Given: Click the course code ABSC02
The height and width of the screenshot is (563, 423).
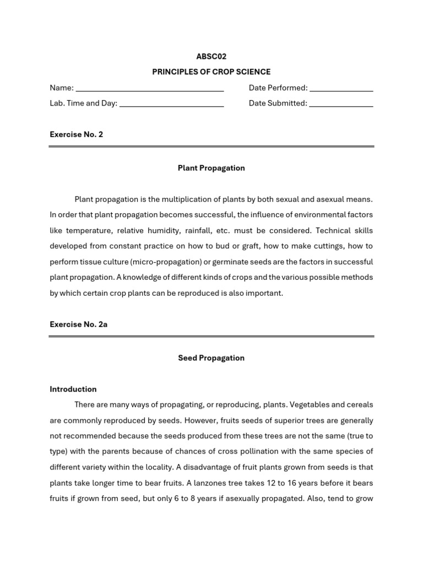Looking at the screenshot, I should click(211, 57).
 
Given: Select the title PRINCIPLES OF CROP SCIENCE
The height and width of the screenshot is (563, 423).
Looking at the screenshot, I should click(211, 72).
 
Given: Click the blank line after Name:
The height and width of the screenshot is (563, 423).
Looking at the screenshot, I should click(149, 89).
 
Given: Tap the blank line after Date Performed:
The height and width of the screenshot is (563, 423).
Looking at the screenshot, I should click(341, 89).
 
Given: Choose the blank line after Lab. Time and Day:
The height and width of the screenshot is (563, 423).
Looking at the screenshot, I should click(171, 104).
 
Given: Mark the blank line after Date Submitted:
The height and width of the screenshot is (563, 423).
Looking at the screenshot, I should click(341, 104).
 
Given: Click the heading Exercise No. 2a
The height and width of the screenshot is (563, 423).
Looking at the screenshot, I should click(78, 324).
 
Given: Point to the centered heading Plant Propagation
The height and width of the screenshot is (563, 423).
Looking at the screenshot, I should click(211, 168).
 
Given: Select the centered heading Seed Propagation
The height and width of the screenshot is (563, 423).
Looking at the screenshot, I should click(211, 358).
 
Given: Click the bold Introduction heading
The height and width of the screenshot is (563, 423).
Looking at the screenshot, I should click(73, 389).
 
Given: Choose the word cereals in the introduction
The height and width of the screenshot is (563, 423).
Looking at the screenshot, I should click(360, 405).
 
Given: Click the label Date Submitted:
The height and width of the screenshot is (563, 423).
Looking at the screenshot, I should click(278, 103).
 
